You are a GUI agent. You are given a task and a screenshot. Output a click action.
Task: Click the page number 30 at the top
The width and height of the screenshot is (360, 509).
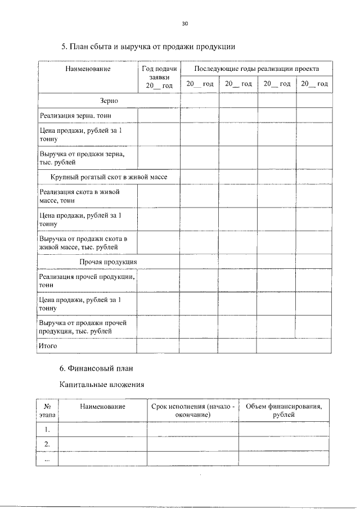tap(184, 24)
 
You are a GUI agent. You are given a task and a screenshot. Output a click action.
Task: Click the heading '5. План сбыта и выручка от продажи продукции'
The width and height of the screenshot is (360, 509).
tap(148, 46)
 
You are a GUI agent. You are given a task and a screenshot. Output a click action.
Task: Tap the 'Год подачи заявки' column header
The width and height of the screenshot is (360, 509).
tap(159, 76)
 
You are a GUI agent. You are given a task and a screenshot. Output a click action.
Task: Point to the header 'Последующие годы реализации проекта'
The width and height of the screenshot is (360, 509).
tap(256, 69)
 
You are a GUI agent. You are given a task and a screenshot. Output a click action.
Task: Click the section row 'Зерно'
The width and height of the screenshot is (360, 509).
tap(109, 100)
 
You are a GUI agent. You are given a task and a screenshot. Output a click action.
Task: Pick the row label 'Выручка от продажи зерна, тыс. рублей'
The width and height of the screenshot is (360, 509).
tap(82, 157)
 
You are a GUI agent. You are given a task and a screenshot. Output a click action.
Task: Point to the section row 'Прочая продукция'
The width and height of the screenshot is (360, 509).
tap(108, 262)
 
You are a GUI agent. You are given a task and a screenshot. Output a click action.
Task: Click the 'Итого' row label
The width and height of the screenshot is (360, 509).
tap(48, 346)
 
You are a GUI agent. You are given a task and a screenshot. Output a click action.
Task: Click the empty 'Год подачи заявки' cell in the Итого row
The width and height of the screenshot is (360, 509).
tap(159, 346)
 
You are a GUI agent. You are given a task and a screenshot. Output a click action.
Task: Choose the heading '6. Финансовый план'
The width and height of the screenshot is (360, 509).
tap(96, 369)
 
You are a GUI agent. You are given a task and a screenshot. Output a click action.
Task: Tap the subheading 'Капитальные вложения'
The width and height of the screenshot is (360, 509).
tap(102, 385)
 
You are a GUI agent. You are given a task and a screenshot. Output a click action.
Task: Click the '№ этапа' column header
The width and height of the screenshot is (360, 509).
tap(47, 410)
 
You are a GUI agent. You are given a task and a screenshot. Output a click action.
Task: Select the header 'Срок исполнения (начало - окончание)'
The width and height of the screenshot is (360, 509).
tap(192, 410)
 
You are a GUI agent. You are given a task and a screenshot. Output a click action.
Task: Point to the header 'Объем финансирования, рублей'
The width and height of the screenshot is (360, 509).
tap(283, 410)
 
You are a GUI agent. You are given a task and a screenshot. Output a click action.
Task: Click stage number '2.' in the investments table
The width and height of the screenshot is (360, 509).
tap(47, 444)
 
